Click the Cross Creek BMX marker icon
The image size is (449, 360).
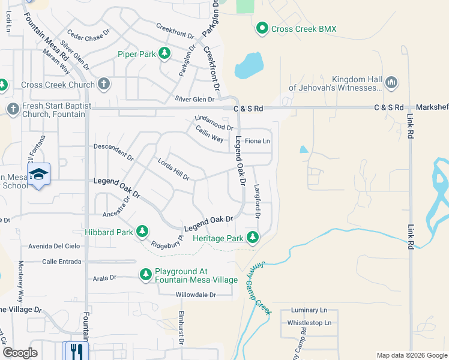(x=262, y=28)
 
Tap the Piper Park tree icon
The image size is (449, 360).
(x=163, y=55)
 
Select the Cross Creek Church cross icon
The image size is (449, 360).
(x=104, y=85)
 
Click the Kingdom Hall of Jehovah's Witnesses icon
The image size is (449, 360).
(x=391, y=82)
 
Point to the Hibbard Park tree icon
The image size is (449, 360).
(x=142, y=231)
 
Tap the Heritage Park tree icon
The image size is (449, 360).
(x=253, y=238)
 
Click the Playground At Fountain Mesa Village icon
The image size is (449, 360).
(x=145, y=274)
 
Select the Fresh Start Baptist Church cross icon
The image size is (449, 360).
(x=13, y=109)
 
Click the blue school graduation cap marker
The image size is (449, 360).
(x=38, y=174)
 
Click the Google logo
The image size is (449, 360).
(x=20, y=353)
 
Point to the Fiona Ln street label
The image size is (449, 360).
(x=258, y=142)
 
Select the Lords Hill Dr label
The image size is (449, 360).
(x=173, y=170)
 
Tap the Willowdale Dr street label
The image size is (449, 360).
(x=195, y=295)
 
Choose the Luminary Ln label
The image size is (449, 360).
(x=309, y=310)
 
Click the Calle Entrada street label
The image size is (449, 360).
(x=62, y=262)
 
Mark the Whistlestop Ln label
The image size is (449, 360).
(x=309, y=323)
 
